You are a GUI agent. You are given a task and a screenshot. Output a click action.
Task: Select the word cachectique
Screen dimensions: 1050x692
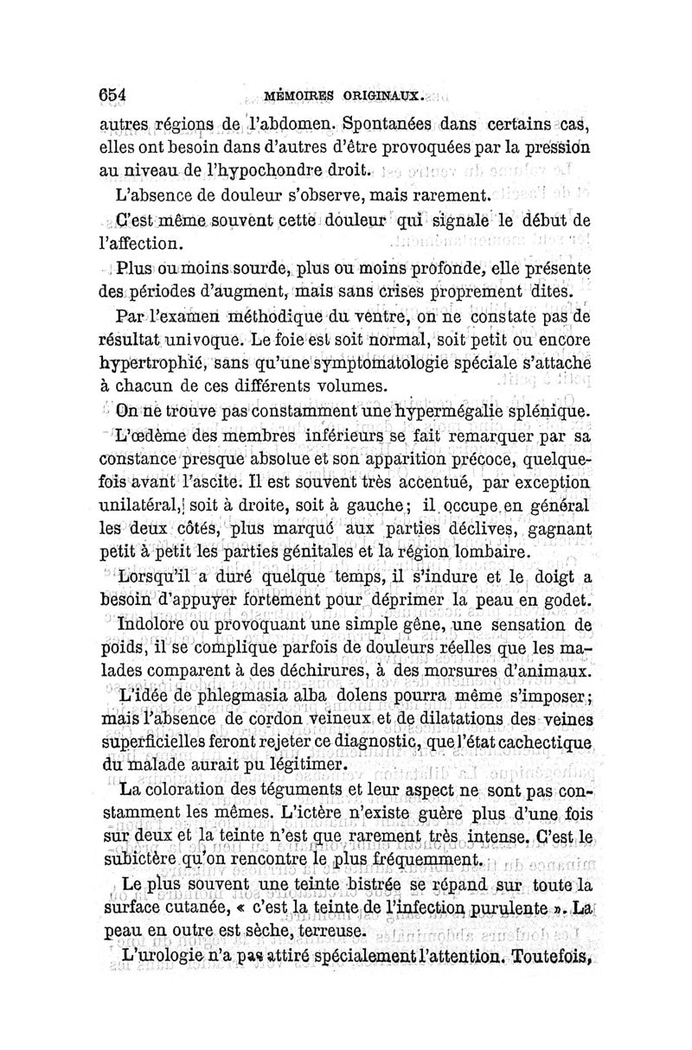point(548,743)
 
